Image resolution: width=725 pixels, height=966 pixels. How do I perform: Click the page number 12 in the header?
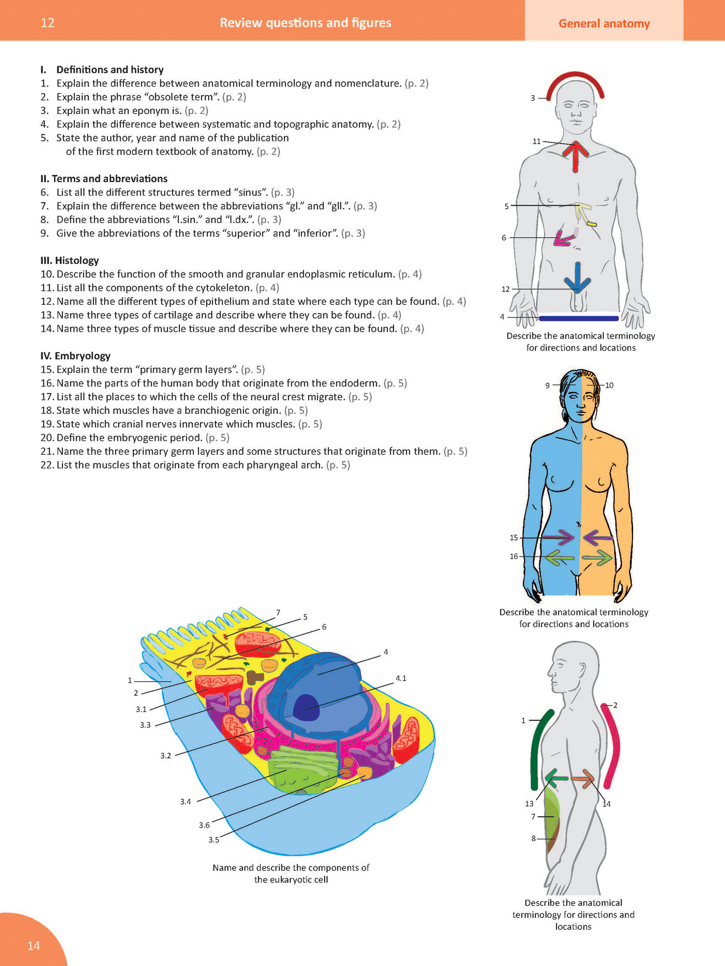[x=48, y=23]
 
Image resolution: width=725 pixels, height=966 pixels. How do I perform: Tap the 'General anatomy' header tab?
[x=604, y=23]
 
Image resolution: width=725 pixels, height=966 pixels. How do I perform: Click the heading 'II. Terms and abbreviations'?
[x=104, y=179]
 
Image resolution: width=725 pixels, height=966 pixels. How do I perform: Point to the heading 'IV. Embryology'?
[x=75, y=356]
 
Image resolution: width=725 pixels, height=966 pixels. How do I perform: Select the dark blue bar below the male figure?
[x=578, y=318]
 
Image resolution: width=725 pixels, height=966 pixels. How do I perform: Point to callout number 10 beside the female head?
[x=609, y=385]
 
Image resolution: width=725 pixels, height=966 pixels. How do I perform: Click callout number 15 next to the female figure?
[x=513, y=538]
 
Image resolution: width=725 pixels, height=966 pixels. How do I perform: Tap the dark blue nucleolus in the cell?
[x=306, y=706]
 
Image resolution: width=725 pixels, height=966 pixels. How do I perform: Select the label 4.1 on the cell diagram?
[x=401, y=678]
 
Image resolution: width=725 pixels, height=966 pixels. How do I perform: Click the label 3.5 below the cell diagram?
[x=214, y=840]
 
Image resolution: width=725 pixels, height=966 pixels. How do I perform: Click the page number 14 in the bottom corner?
[x=34, y=946]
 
